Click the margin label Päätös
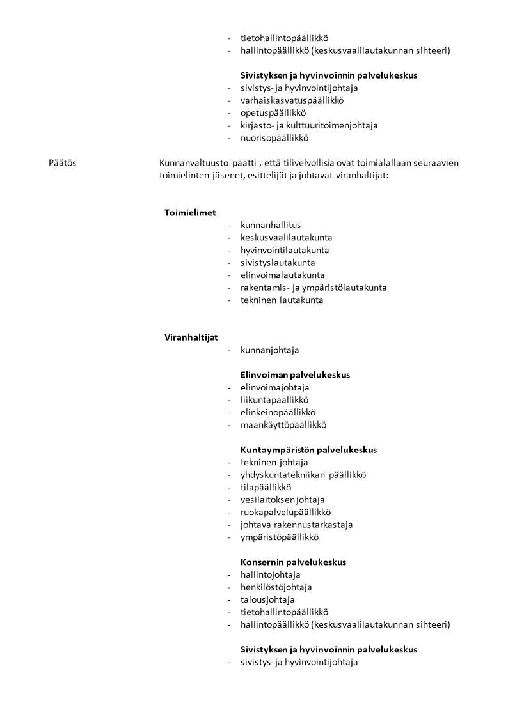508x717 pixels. pos(62,163)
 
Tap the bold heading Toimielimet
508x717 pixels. pos(190,213)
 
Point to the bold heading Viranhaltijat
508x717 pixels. pos(191,337)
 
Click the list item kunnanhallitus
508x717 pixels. pos(271,225)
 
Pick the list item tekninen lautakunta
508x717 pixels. pos(282,300)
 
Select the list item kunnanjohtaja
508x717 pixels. pos(269,350)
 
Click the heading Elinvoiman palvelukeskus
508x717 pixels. pos(295,375)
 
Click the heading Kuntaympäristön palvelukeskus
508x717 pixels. pos(308,450)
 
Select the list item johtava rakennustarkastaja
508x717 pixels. pos(296,525)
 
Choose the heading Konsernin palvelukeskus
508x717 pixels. pos(293,562)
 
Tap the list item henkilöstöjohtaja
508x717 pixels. pos(276,587)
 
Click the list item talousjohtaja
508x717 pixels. pos(267,599)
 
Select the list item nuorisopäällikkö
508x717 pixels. pos(274,138)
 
